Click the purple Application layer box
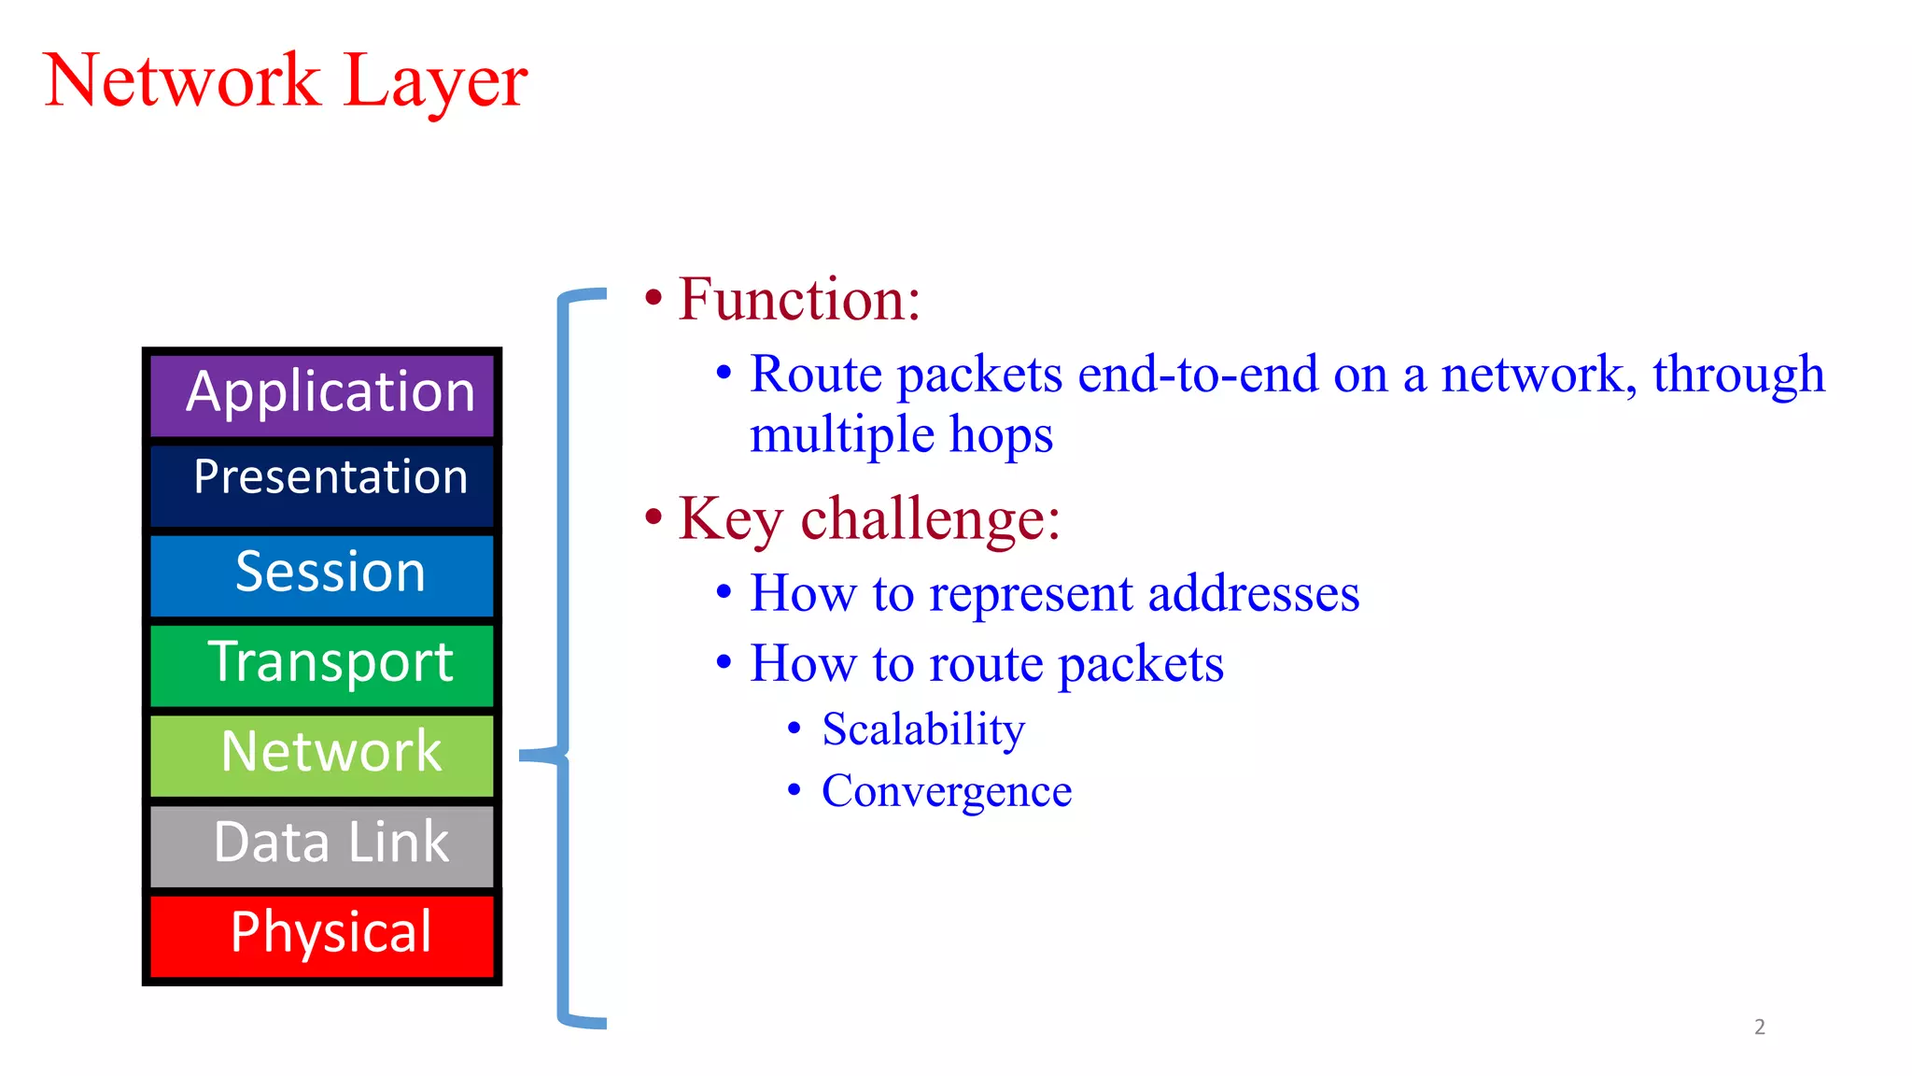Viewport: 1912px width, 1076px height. point(322,394)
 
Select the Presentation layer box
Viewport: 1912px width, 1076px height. point(322,482)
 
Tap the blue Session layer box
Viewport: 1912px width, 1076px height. point(322,573)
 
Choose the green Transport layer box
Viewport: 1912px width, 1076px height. point(322,663)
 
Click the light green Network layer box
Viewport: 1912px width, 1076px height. point(322,753)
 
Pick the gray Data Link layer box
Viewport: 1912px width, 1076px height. point(322,843)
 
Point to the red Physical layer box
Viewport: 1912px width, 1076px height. point(322,934)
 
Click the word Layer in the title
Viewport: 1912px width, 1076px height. point(435,82)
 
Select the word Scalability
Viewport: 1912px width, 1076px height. point(923,729)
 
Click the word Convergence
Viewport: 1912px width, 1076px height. point(946,791)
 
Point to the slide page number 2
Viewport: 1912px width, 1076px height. point(1759,1026)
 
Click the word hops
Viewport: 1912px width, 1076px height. point(1001,435)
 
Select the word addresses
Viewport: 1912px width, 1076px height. point(1253,594)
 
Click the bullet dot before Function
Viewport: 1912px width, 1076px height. point(654,299)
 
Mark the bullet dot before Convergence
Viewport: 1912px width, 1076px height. point(794,790)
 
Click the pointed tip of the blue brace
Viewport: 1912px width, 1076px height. point(523,755)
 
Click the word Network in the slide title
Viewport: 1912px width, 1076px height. point(182,82)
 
